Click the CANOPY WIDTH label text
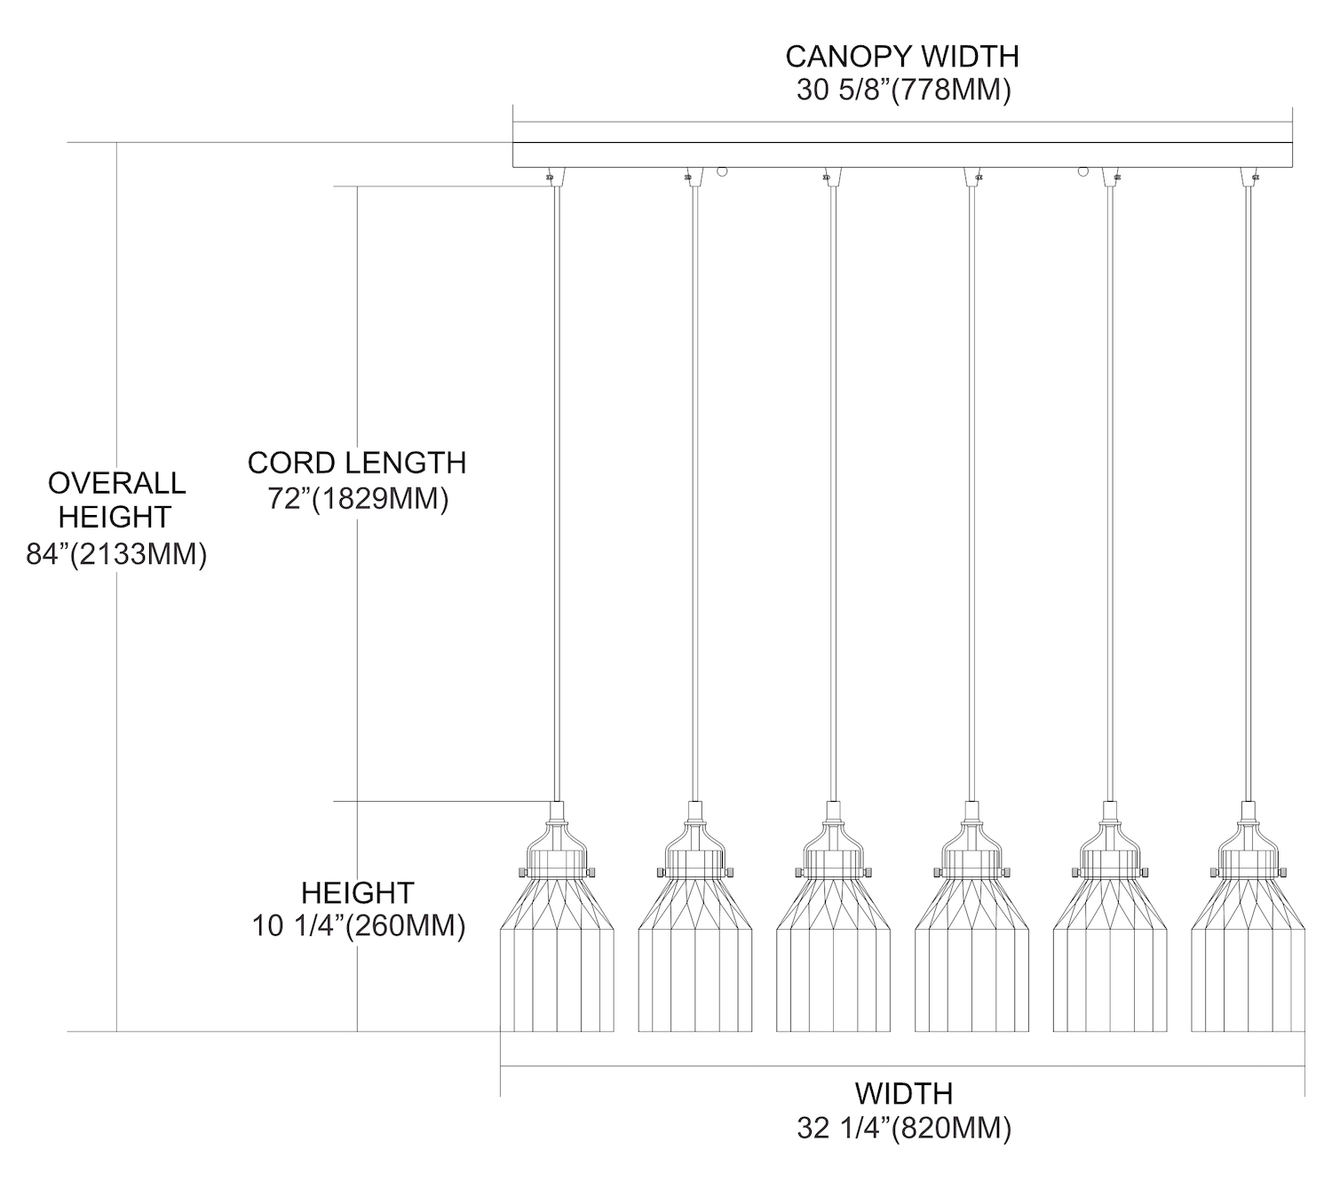[902, 57]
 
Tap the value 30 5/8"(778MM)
[903, 91]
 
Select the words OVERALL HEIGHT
[116, 499]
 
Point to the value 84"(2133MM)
[116, 555]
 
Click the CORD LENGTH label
[357, 463]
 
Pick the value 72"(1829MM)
[359, 499]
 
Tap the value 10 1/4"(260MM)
[359, 926]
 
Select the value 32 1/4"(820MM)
[904, 1129]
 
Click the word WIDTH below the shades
[904, 1093]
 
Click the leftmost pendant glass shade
[558, 959]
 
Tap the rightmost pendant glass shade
[1248, 959]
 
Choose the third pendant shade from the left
[833, 959]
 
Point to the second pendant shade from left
[695, 959]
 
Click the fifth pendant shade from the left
[1110, 959]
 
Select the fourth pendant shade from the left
[971, 959]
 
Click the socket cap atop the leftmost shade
[558, 812]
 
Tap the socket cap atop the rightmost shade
[1248, 812]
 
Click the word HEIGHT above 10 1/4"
[358, 892]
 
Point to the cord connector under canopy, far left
[551, 176]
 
